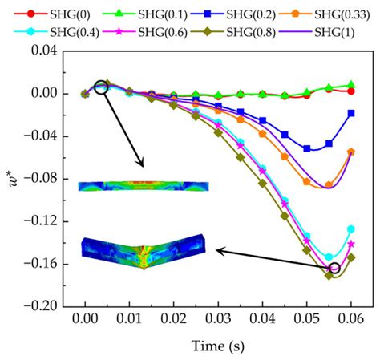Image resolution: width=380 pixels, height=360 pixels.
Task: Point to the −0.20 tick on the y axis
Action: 47,305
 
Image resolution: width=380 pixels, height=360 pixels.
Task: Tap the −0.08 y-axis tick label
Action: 47,178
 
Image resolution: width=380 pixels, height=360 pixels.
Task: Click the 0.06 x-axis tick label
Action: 350,319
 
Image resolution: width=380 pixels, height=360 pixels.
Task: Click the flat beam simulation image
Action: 144,186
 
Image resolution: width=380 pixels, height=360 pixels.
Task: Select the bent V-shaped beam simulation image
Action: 144,250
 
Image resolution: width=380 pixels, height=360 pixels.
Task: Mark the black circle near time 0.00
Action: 101,87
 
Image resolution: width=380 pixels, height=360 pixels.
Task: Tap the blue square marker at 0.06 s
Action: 350,114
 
